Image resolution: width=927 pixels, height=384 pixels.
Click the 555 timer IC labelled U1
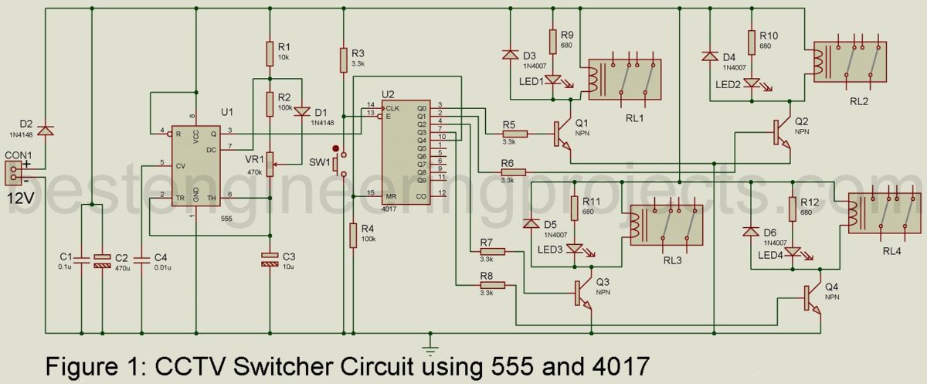pyautogui.click(x=195, y=165)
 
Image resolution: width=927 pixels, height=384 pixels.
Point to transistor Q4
pyautogui.click(x=811, y=297)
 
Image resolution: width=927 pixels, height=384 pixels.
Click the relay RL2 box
pyautogui.click(x=848, y=63)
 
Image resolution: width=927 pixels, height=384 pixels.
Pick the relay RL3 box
pyautogui.click(x=659, y=225)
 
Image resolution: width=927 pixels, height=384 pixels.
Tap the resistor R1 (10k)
pyautogui.click(x=269, y=53)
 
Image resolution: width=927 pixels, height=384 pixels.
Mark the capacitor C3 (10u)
pyautogui.click(x=269, y=259)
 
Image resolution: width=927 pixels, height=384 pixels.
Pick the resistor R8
pyautogui.click(x=491, y=285)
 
